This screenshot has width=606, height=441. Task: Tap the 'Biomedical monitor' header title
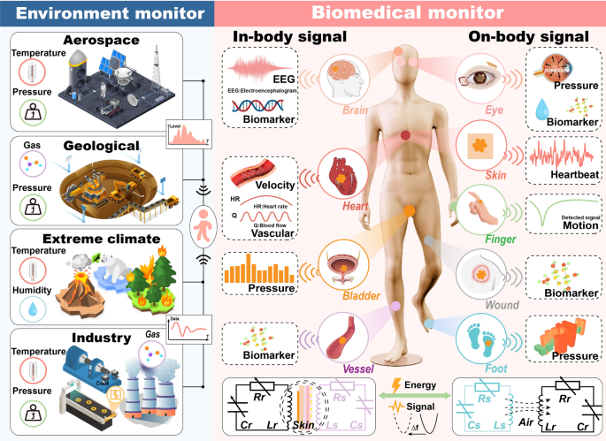pyautogui.click(x=408, y=13)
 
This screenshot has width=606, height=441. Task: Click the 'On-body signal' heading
pyautogui.click(x=538, y=37)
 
